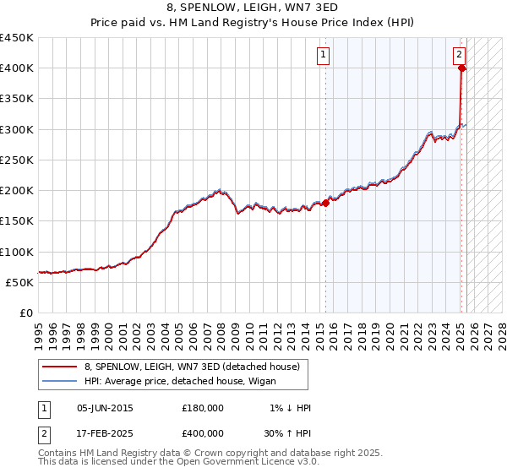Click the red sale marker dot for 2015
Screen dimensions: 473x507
coord(326,203)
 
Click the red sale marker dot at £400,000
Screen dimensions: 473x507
coord(461,69)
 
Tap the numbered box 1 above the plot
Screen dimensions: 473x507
coord(324,55)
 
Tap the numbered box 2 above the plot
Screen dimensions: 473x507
coord(459,55)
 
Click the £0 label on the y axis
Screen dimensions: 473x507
coord(26,313)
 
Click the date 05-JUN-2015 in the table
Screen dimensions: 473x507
coord(105,408)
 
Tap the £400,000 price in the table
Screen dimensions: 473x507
coord(203,433)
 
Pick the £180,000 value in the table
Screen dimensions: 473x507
coord(203,408)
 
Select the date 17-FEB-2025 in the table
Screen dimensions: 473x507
coord(105,433)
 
